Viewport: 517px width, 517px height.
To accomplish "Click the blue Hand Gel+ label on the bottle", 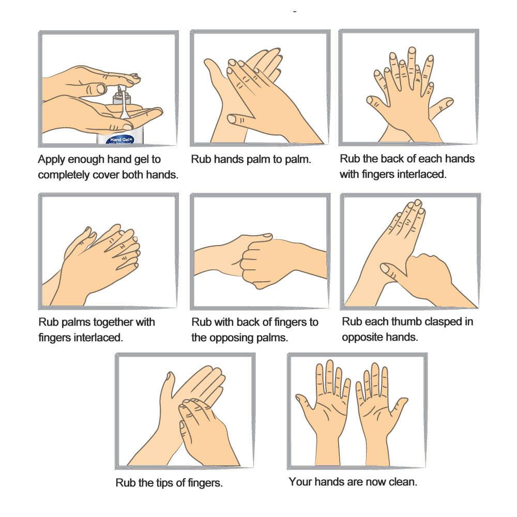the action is pos(120,140).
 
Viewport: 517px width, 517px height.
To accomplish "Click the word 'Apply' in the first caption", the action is pos(51,160).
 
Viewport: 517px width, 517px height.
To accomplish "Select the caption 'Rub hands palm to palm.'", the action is pos(251,160).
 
